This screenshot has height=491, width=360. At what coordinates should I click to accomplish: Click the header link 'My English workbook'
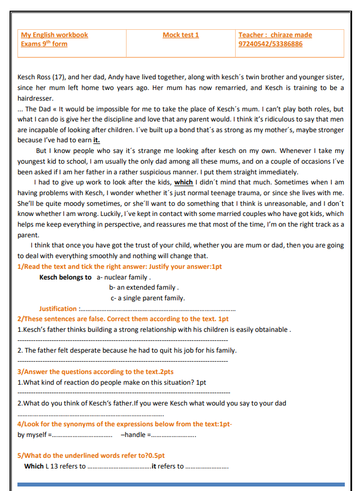pos(55,35)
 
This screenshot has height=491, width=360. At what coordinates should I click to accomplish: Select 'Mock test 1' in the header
pos(181,35)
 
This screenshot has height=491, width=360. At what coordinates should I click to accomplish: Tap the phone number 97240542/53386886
pos(270,44)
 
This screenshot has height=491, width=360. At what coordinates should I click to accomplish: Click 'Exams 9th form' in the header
pos(44,44)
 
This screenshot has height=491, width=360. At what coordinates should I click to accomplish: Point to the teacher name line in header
pos(275,35)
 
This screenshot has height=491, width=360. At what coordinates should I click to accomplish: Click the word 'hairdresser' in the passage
pos(35,98)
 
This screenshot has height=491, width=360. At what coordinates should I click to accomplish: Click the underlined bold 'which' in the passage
pos(183,182)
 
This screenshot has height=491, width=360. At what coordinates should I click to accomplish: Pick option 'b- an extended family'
pos(144,287)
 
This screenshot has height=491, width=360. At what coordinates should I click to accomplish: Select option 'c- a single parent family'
pos(147,298)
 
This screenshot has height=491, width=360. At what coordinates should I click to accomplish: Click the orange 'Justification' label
pos(58,309)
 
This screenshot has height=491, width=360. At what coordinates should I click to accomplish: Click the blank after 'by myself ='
pos(82,435)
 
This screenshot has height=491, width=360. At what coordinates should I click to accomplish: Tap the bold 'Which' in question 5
pos(34,466)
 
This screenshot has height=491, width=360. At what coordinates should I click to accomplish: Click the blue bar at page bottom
pos(181,484)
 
